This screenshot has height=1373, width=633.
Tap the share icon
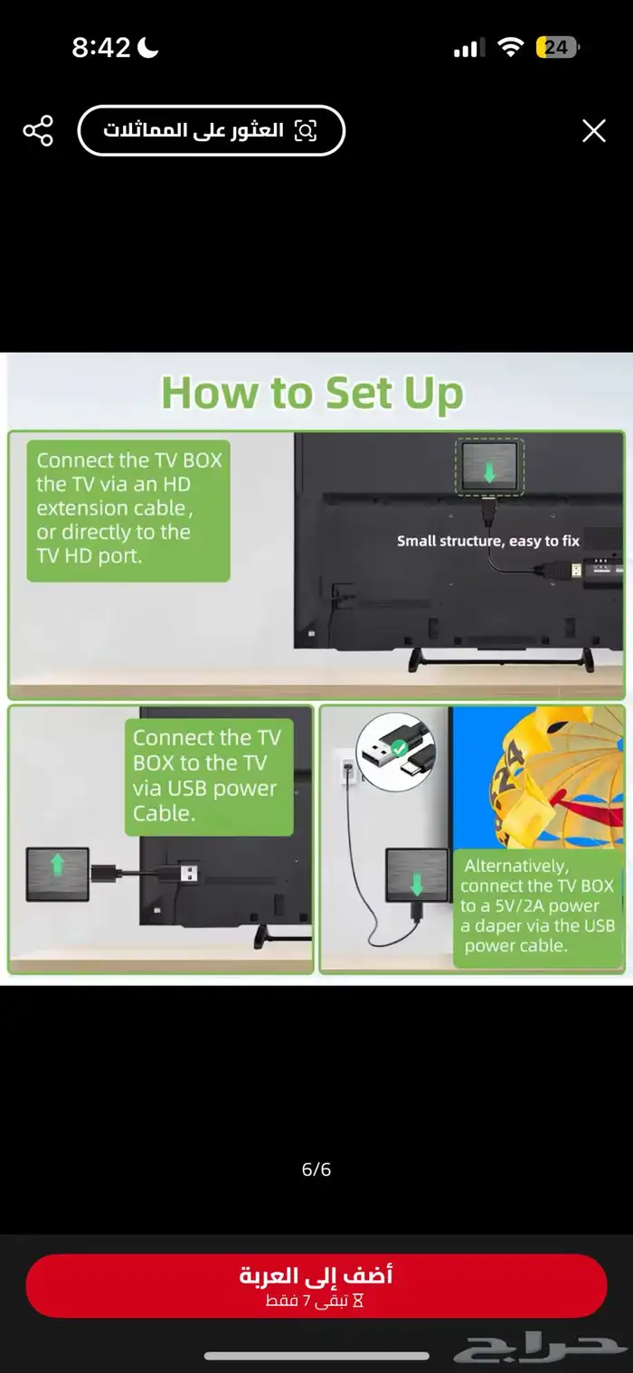[x=38, y=130]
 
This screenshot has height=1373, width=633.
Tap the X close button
[x=594, y=130]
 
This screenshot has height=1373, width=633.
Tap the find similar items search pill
[x=212, y=130]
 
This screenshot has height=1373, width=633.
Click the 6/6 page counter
[x=316, y=1169]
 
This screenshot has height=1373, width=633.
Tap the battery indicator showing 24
[x=557, y=47]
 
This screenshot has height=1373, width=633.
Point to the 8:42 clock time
[x=101, y=47]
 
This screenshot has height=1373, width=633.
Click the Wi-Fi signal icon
[x=510, y=47]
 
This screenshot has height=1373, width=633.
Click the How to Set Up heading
[x=312, y=393]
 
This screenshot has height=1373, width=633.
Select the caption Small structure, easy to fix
[x=487, y=541]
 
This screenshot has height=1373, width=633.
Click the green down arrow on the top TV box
[x=489, y=472]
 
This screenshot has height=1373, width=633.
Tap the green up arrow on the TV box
[x=58, y=865]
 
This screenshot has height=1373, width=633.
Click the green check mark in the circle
[x=399, y=748]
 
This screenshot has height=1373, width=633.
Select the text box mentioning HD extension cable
[x=128, y=511]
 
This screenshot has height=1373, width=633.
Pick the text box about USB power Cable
[x=209, y=777]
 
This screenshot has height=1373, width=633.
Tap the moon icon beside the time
[x=147, y=47]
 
